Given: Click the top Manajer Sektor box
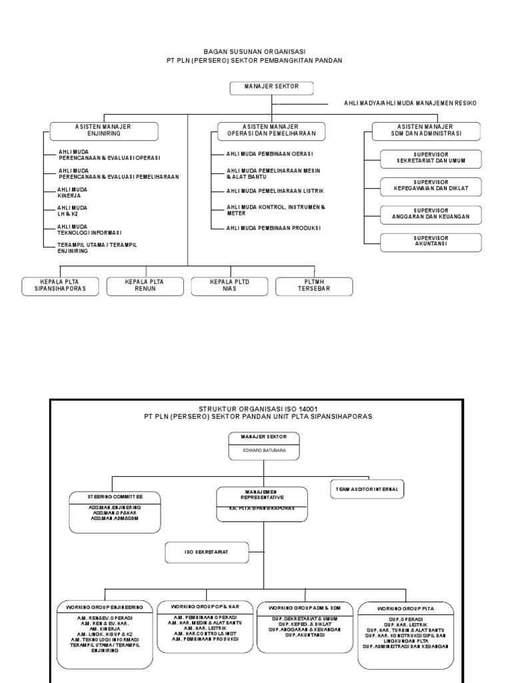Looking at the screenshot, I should (272, 88).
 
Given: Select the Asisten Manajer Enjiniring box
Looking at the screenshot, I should (103, 130).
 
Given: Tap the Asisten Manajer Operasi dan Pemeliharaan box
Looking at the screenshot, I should (271, 130).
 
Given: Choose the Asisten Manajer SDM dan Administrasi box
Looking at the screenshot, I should (425, 130).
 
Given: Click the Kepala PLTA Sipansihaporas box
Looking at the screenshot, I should (60, 286).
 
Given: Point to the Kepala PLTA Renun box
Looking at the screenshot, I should (144, 286).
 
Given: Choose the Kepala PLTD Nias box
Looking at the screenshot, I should (229, 286).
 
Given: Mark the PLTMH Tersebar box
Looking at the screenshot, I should (313, 286).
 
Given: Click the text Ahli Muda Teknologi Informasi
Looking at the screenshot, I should (90, 230).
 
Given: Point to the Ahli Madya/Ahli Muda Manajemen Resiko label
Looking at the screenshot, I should (410, 103).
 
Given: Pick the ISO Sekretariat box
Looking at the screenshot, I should (207, 552).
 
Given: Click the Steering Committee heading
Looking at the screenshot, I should (114, 496).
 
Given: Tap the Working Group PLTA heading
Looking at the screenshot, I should (405, 609).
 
